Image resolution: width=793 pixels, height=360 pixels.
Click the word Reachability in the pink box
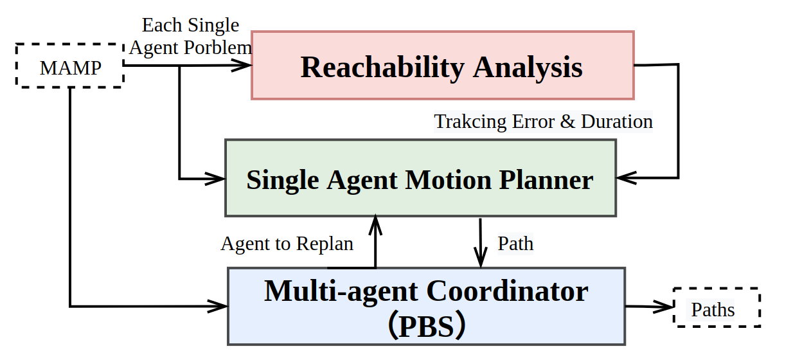[x=382, y=68]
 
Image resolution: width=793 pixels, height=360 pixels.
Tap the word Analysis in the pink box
[x=528, y=67]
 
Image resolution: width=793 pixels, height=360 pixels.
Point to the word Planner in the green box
[x=546, y=180]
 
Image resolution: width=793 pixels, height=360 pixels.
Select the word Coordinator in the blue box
[x=507, y=291]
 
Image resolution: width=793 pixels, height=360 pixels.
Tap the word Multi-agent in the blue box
[x=341, y=291]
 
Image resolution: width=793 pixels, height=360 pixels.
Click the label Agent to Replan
[x=287, y=244]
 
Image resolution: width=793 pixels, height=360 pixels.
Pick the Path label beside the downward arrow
[x=515, y=244]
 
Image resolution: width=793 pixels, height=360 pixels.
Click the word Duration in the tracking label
[x=617, y=122]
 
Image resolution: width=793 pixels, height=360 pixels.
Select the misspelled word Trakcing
[x=470, y=122]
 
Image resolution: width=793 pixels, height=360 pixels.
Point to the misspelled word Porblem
[x=217, y=48]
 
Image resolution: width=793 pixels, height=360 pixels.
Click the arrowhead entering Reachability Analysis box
[x=242, y=65]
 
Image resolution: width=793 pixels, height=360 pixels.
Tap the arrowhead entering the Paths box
[x=663, y=307]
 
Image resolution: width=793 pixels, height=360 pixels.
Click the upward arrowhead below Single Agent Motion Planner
[x=375, y=225]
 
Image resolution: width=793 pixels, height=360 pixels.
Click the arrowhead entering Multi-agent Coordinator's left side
[x=217, y=306]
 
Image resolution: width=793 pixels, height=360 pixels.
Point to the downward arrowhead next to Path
[x=481, y=257]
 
